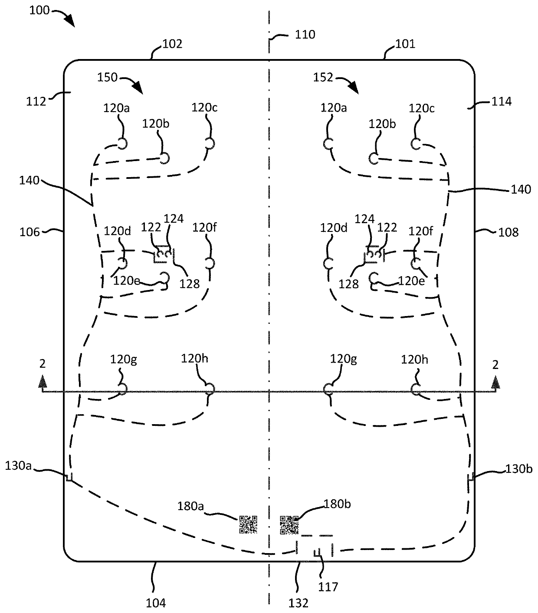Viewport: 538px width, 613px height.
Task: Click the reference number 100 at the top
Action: coord(39,10)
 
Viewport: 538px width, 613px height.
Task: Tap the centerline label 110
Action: coord(305,34)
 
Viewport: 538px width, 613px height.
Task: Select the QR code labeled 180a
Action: coord(248,524)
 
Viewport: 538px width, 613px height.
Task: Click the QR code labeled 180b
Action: coord(289,525)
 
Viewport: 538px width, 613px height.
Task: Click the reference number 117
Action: coord(328,587)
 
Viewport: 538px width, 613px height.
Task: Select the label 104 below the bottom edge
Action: coord(156,603)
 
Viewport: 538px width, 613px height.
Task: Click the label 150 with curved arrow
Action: coord(107,77)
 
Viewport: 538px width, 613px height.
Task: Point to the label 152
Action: coord(323,78)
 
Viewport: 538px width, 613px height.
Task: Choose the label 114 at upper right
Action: coord(502,101)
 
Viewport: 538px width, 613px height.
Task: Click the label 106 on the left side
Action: coord(30,232)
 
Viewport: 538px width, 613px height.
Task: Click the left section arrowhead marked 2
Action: coord(43,381)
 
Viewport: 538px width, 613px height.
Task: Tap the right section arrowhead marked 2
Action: coord(495,381)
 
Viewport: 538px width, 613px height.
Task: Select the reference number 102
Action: coord(172,44)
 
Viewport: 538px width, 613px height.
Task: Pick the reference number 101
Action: coord(405,44)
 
